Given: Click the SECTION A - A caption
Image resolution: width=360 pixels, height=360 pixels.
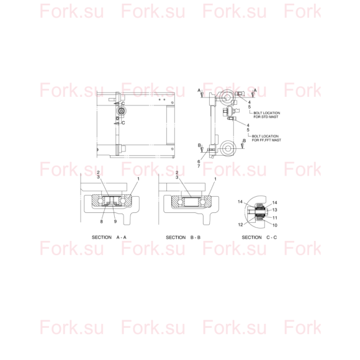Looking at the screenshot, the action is tap(109, 237).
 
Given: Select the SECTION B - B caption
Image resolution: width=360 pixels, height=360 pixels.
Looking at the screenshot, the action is tap(183, 237).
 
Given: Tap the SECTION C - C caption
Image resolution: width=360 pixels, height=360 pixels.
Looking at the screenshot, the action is tap(259, 237).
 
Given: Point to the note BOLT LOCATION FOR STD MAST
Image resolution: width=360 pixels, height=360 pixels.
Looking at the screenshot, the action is tap(266, 115).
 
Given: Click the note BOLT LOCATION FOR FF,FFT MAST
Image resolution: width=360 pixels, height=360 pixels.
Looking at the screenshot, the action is tap(266, 138).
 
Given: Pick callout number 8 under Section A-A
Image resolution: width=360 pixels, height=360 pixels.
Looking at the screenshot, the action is tap(101, 222).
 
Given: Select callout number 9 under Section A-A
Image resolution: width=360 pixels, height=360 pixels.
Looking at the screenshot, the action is tap(115, 222).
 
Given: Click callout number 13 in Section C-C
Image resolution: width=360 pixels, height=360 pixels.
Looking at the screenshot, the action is tap(274, 210).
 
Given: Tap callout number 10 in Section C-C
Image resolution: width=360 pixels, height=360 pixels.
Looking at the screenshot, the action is tap(275, 225).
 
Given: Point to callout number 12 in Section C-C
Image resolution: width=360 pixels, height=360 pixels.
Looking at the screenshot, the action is tap(240, 225).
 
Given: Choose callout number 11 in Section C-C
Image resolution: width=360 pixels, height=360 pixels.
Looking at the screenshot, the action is tap(275, 218).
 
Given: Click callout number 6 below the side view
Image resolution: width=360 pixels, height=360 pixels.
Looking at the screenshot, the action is tap(199, 161).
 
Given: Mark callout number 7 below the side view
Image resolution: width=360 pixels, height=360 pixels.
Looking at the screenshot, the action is tap(199, 166).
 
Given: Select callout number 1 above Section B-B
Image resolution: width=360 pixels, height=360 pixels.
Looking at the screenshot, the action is tap(215, 179).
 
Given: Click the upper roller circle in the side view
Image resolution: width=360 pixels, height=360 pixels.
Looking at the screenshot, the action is tap(227, 97).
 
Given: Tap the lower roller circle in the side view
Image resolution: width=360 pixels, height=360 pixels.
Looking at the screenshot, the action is tap(228, 148).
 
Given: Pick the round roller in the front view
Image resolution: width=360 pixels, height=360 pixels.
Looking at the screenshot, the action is tap(121, 111).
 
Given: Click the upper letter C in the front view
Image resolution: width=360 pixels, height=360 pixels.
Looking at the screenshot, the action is tap(123, 104).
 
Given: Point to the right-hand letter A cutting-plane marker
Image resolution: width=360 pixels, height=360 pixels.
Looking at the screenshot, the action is tap(255, 91).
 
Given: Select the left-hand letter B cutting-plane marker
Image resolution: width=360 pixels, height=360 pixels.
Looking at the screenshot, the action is tap(199, 145).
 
